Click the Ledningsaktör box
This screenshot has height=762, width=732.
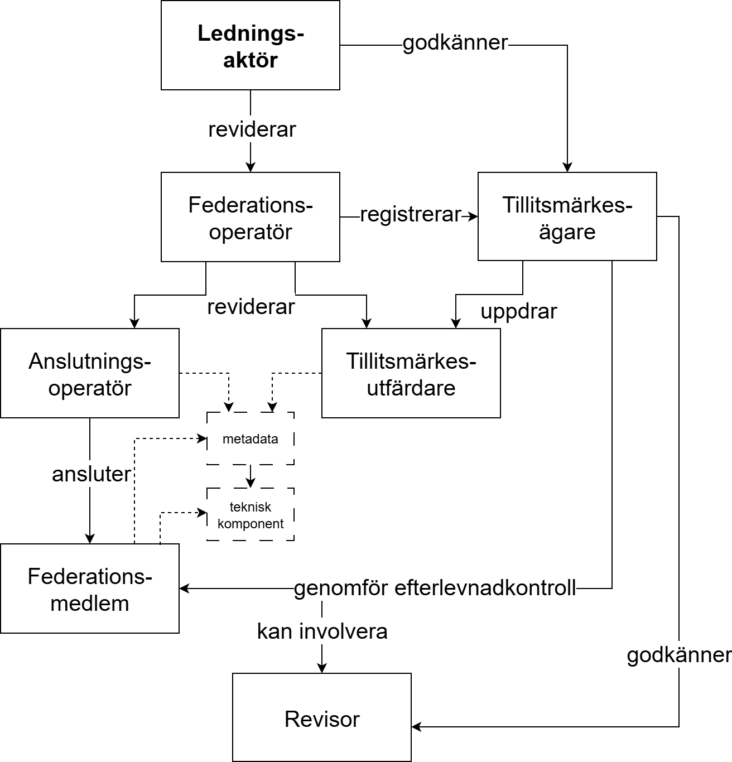(251, 46)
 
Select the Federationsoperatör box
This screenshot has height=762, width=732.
(251, 217)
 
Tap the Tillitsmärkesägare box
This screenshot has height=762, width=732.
(567, 217)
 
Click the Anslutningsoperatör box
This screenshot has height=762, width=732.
(90, 373)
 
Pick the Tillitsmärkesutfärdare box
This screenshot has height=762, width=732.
(411, 373)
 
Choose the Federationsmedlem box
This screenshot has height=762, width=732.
(90, 589)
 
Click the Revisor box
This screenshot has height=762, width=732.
(322, 718)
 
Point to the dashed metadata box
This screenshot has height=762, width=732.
(251, 439)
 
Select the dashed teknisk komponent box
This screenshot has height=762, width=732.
(251, 515)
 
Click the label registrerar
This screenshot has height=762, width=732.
(411, 215)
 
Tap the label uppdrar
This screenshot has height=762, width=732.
(519, 311)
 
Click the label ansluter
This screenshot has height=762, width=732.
(92, 474)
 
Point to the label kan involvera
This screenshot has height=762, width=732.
(322, 631)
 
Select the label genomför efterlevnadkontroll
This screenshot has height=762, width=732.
(435, 589)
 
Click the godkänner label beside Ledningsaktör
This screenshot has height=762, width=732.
(455, 43)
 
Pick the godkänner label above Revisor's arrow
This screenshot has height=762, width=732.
(678, 655)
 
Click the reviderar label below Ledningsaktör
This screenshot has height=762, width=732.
(252, 129)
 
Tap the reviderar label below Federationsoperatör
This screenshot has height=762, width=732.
(251, 307)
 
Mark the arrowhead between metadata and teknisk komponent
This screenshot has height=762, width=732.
(251, 483)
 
